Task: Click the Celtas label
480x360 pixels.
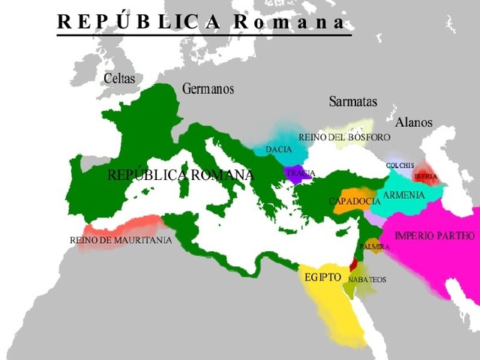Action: pos(120,78)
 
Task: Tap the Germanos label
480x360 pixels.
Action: pos(208,89)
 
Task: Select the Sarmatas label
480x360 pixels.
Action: pos(352,102)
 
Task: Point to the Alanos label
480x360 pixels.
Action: pos(413,121)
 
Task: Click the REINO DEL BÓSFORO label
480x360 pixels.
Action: pos(344,137)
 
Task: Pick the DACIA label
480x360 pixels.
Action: pos(278,150)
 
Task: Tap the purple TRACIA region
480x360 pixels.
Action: pos(299,173)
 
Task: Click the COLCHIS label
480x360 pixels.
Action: pos(400,165)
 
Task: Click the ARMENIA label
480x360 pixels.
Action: pos(403,196)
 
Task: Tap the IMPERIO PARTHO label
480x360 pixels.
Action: pos(434,235)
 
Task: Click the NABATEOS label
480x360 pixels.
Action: pos(367,279)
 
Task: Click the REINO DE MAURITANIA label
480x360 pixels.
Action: pos(120,240)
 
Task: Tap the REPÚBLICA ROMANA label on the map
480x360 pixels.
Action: pos(180,175)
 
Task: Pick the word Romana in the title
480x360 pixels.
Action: pos(289,22)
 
